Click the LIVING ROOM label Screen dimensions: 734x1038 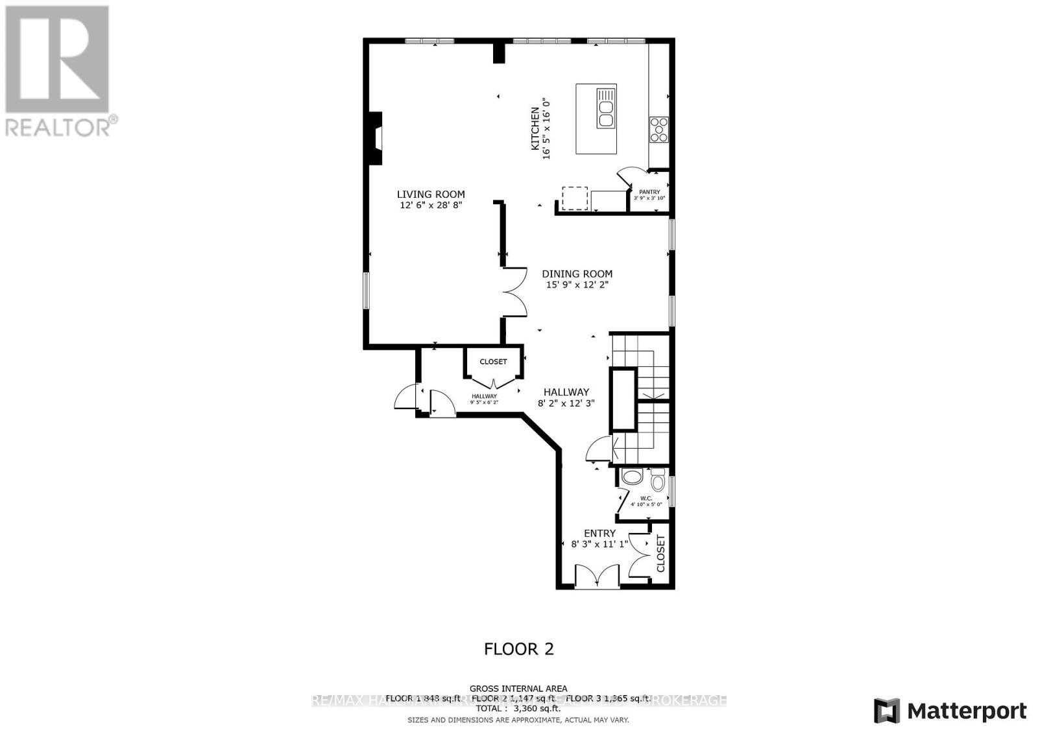pos(431,194)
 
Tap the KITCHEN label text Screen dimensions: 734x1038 pos(535,129)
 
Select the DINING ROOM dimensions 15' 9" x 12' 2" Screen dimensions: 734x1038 pos(577,285)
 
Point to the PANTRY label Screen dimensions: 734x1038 pos(649,192)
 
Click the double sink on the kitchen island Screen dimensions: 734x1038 pos(606,108)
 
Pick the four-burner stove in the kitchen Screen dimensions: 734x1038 pos(658,129)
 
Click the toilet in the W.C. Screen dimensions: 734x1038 pos(658,482)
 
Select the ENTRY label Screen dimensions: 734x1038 pos(599,533)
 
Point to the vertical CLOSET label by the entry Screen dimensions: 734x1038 pos(661,553)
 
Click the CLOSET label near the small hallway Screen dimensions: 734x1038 pos(493,362)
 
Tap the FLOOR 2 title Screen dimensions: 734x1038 pos(519,648)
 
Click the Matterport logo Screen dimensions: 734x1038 pos(950,711)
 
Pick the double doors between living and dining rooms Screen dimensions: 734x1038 pos(514,292)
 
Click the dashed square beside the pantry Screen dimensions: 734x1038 pos(574,198)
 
